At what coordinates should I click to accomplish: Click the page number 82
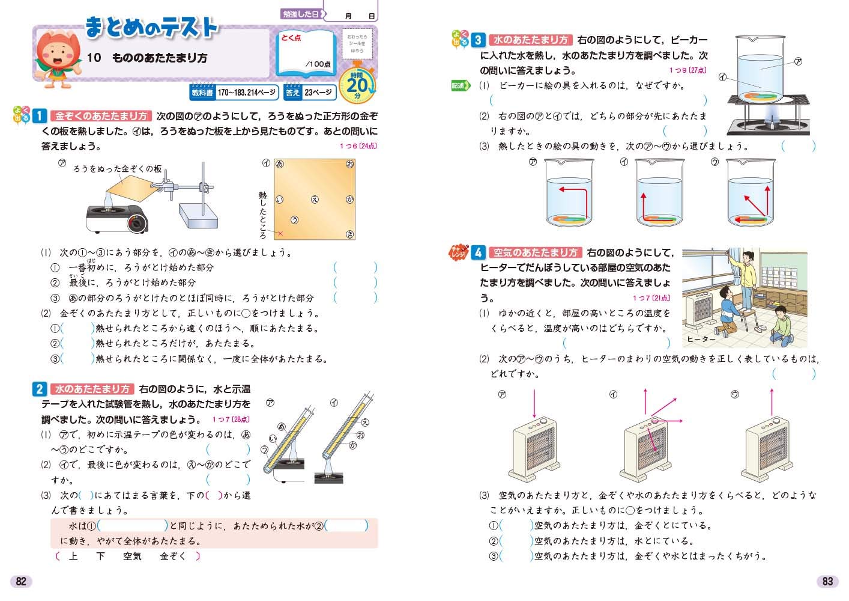[21, 581]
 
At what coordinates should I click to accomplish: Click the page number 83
[827, 581]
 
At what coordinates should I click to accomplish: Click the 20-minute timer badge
[357, 85]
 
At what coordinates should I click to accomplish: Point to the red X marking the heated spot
[279, 233]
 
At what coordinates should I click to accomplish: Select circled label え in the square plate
[314, 200]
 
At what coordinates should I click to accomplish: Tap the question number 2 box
[39, 389]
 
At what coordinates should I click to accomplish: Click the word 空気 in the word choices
[132, 557]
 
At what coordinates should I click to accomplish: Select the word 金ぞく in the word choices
[173, 557]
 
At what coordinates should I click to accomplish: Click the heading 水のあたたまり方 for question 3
[531, 40]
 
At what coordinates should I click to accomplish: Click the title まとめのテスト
[151, 28]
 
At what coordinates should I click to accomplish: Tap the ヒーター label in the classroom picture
[701, 340]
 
